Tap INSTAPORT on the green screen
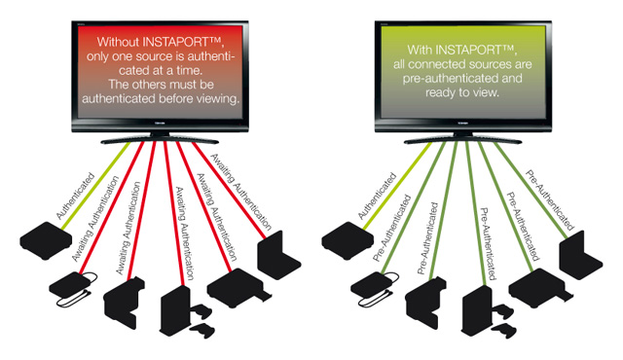pos(475,50)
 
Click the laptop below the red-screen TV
pos(278,254)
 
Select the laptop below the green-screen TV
pos(580,254)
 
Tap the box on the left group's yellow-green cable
pos(46,240)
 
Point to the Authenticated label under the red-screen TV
pos(76,197)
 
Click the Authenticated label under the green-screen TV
pos(377,197)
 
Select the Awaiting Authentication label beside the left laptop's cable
pos(240,192)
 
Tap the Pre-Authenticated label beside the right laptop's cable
pos(549,200)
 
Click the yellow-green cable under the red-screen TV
pos(95,186)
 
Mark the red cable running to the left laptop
pos(230,191)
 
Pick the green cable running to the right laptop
pos(531,191)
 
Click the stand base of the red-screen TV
pos(160,140)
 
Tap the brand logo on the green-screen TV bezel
pos(463,124)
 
